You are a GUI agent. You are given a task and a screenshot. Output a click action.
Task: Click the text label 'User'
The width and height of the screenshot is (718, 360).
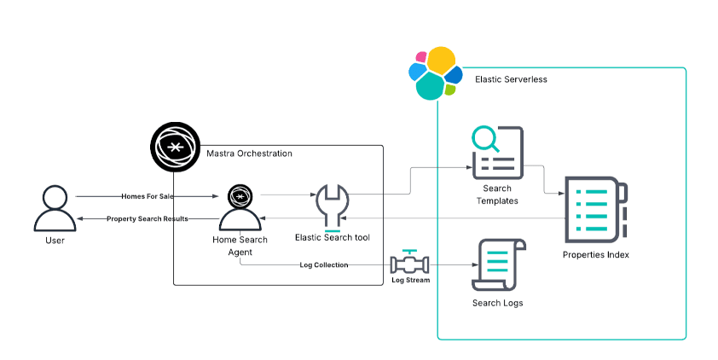[55, 241]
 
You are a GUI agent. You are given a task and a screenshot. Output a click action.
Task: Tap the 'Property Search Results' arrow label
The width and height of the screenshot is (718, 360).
[147, 219]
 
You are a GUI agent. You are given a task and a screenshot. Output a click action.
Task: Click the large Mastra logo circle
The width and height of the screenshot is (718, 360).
[174, 148]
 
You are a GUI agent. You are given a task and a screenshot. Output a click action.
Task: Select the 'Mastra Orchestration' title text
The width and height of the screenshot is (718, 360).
[249, 154]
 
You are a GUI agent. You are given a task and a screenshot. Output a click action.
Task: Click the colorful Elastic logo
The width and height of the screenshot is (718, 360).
[434, 74]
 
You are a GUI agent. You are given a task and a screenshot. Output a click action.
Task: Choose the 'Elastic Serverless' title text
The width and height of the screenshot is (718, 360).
[511, 79]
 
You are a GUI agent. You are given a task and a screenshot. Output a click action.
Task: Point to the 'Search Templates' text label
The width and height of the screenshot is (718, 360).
[497, 195]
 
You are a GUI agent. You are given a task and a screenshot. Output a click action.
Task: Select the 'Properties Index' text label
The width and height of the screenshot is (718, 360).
[596, 254]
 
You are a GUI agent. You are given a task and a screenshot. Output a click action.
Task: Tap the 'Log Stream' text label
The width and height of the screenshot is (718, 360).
[409, 280]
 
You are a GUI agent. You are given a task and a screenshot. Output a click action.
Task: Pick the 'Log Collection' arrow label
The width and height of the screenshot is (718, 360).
[324, 265]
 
